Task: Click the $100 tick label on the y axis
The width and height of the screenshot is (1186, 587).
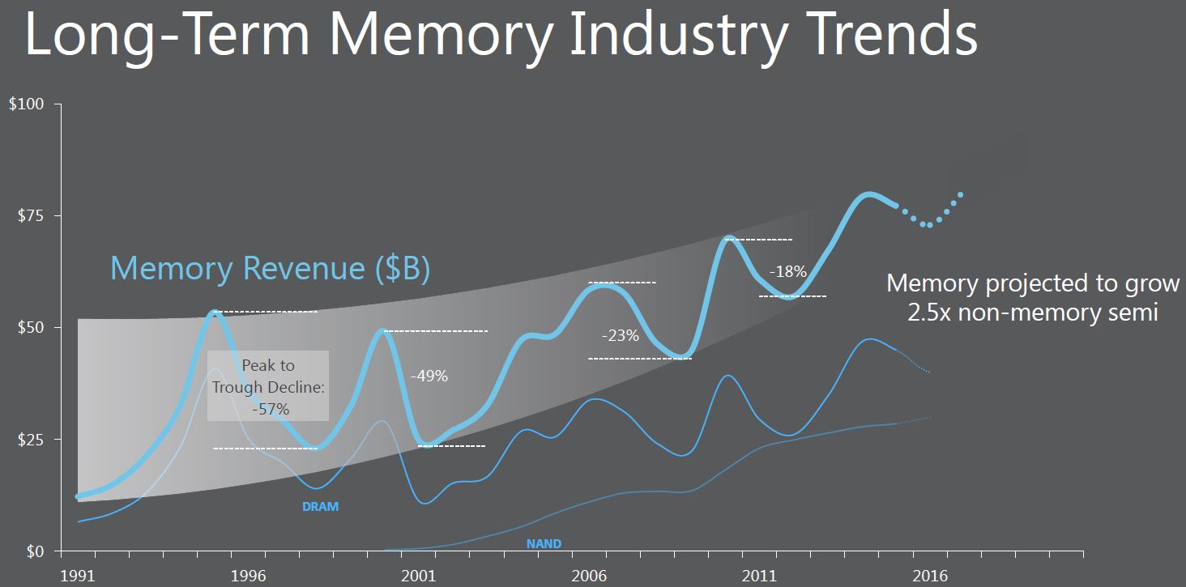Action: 27,104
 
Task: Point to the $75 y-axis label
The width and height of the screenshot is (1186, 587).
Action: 31,215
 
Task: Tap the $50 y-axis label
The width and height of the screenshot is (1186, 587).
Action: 31,327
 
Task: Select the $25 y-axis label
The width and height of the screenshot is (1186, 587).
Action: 31,440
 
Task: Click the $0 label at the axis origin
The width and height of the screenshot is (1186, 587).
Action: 35,551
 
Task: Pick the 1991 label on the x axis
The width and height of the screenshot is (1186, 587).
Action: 78,576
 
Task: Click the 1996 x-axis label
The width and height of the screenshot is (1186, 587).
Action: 249,576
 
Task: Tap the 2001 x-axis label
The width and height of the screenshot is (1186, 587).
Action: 418,576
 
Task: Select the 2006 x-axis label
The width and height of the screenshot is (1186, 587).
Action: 589,576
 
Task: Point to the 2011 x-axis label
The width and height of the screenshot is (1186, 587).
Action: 759,576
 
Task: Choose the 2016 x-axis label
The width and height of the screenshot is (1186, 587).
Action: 930,576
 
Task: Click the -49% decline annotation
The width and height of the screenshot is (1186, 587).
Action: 429,376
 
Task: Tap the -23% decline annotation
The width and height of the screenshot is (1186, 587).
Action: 621,335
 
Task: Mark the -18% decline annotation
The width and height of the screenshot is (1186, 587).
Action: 788,272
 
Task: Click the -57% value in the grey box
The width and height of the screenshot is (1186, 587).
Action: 271,409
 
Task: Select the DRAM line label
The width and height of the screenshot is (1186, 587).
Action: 320,507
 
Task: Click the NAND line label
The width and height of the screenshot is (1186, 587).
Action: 544,543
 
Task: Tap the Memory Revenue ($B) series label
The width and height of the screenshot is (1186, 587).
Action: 270,268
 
